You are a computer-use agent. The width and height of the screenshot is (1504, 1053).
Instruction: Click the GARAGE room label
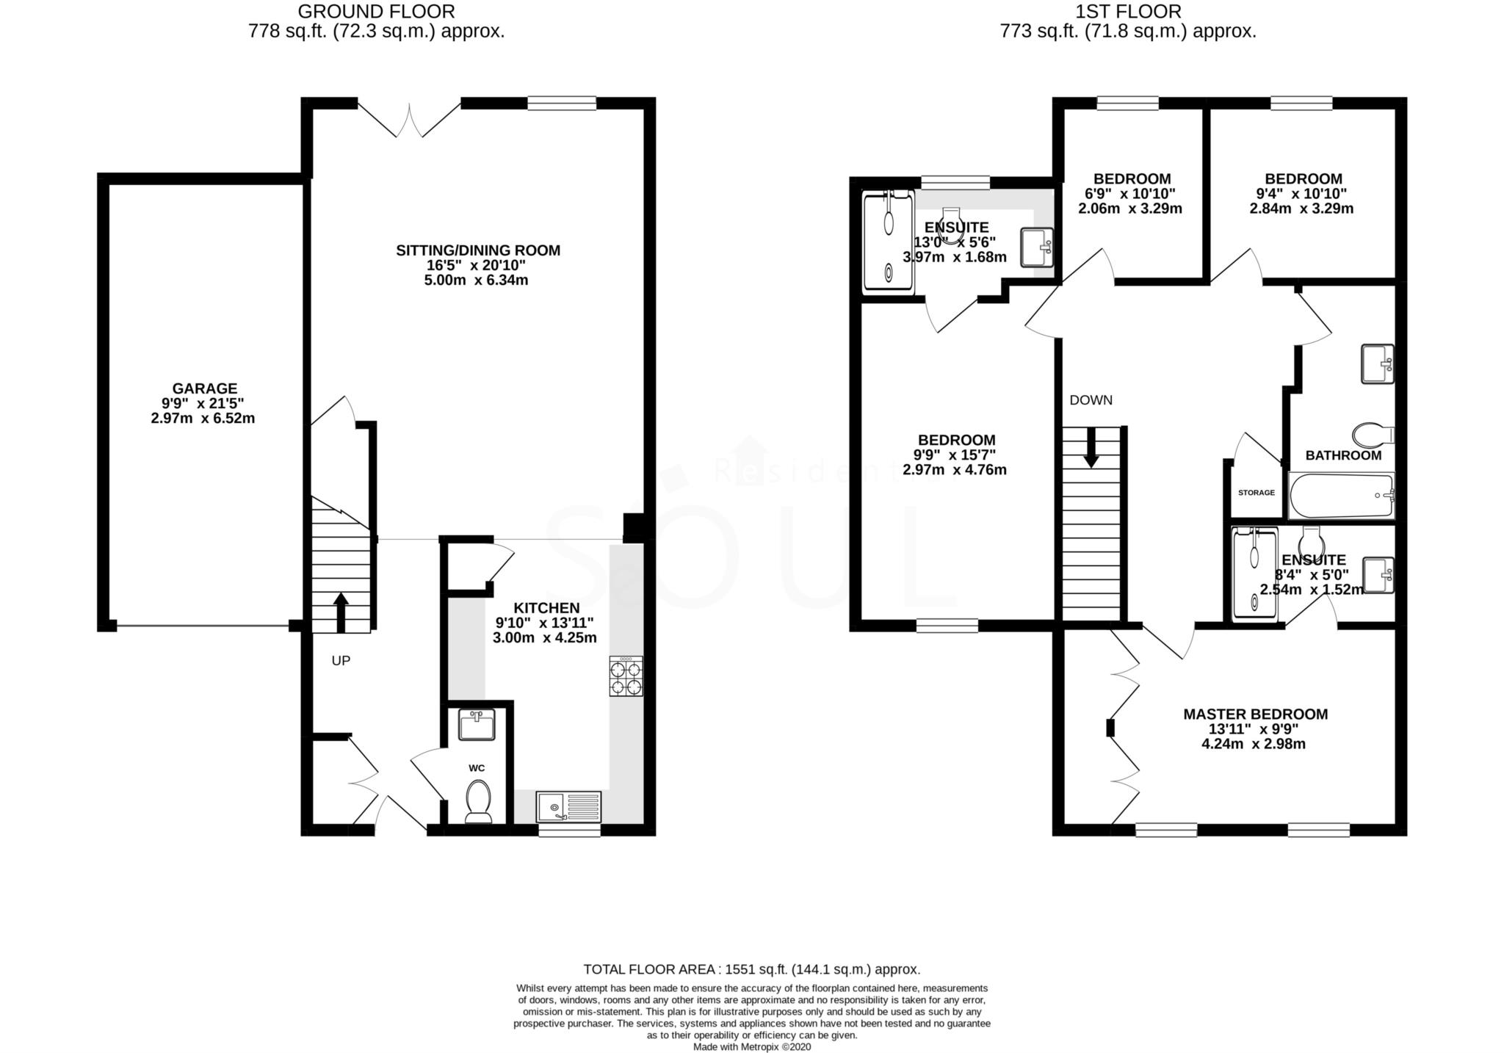coord(204,388)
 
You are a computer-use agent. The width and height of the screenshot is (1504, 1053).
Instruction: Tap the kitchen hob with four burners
coord(625,676)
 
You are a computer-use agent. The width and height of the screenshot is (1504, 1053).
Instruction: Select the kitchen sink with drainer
coord(568,806)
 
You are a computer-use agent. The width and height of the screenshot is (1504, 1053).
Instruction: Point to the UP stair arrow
coord(341,612)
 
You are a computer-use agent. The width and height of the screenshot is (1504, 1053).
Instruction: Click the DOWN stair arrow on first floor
coord(1091,448)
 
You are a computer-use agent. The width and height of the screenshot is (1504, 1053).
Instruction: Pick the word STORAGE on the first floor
coord(1257,493)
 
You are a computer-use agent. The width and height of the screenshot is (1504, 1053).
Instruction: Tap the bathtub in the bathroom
coord(1341,496)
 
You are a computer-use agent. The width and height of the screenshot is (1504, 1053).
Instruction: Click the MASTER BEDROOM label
coord(1255,714)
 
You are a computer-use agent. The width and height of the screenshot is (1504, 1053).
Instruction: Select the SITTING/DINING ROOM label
coord(478,250)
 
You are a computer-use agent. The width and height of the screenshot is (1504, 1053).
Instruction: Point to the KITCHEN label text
coord(546,608)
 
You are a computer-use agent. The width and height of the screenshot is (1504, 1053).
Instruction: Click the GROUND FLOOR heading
coord(377,12)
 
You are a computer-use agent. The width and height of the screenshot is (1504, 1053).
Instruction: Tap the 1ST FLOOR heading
coord(1128,12)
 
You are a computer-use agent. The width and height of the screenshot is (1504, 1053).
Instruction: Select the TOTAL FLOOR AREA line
coord(751,969)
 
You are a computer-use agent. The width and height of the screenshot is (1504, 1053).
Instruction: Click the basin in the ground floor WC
coord(477,725)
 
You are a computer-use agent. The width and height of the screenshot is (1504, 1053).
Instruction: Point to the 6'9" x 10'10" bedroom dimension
coord(1130,194)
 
